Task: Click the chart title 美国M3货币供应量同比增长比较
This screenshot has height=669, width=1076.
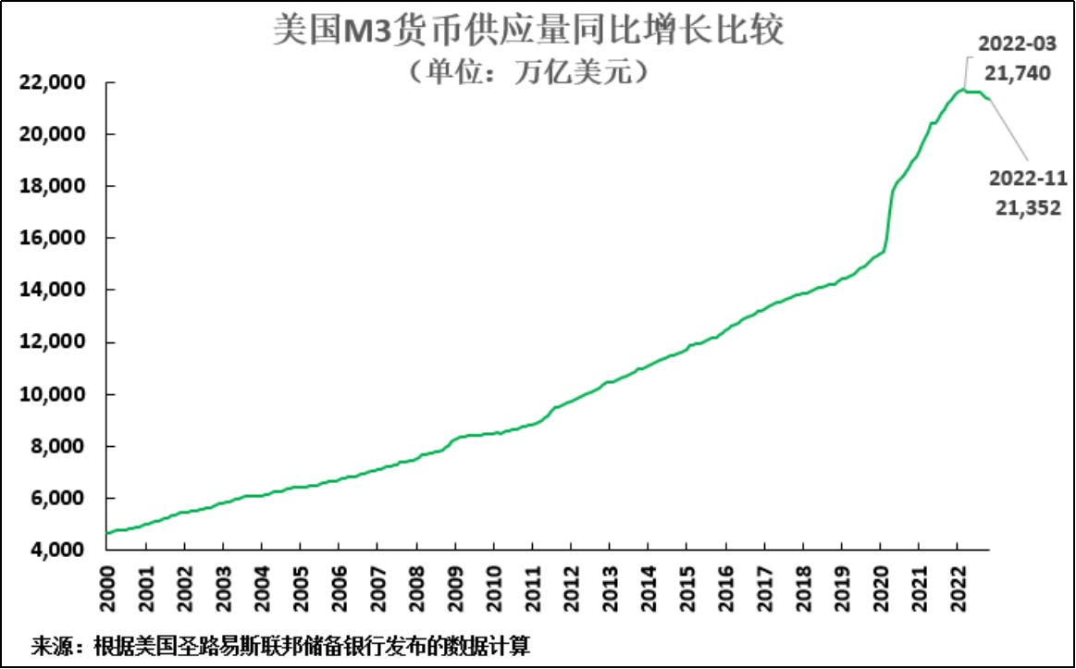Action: tap(528, 31)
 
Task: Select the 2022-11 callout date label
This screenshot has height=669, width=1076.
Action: tap(1028, 179)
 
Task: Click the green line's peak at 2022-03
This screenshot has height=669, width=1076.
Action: tap(963, 90)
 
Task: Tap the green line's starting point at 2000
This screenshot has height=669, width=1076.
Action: tap(109, 533)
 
